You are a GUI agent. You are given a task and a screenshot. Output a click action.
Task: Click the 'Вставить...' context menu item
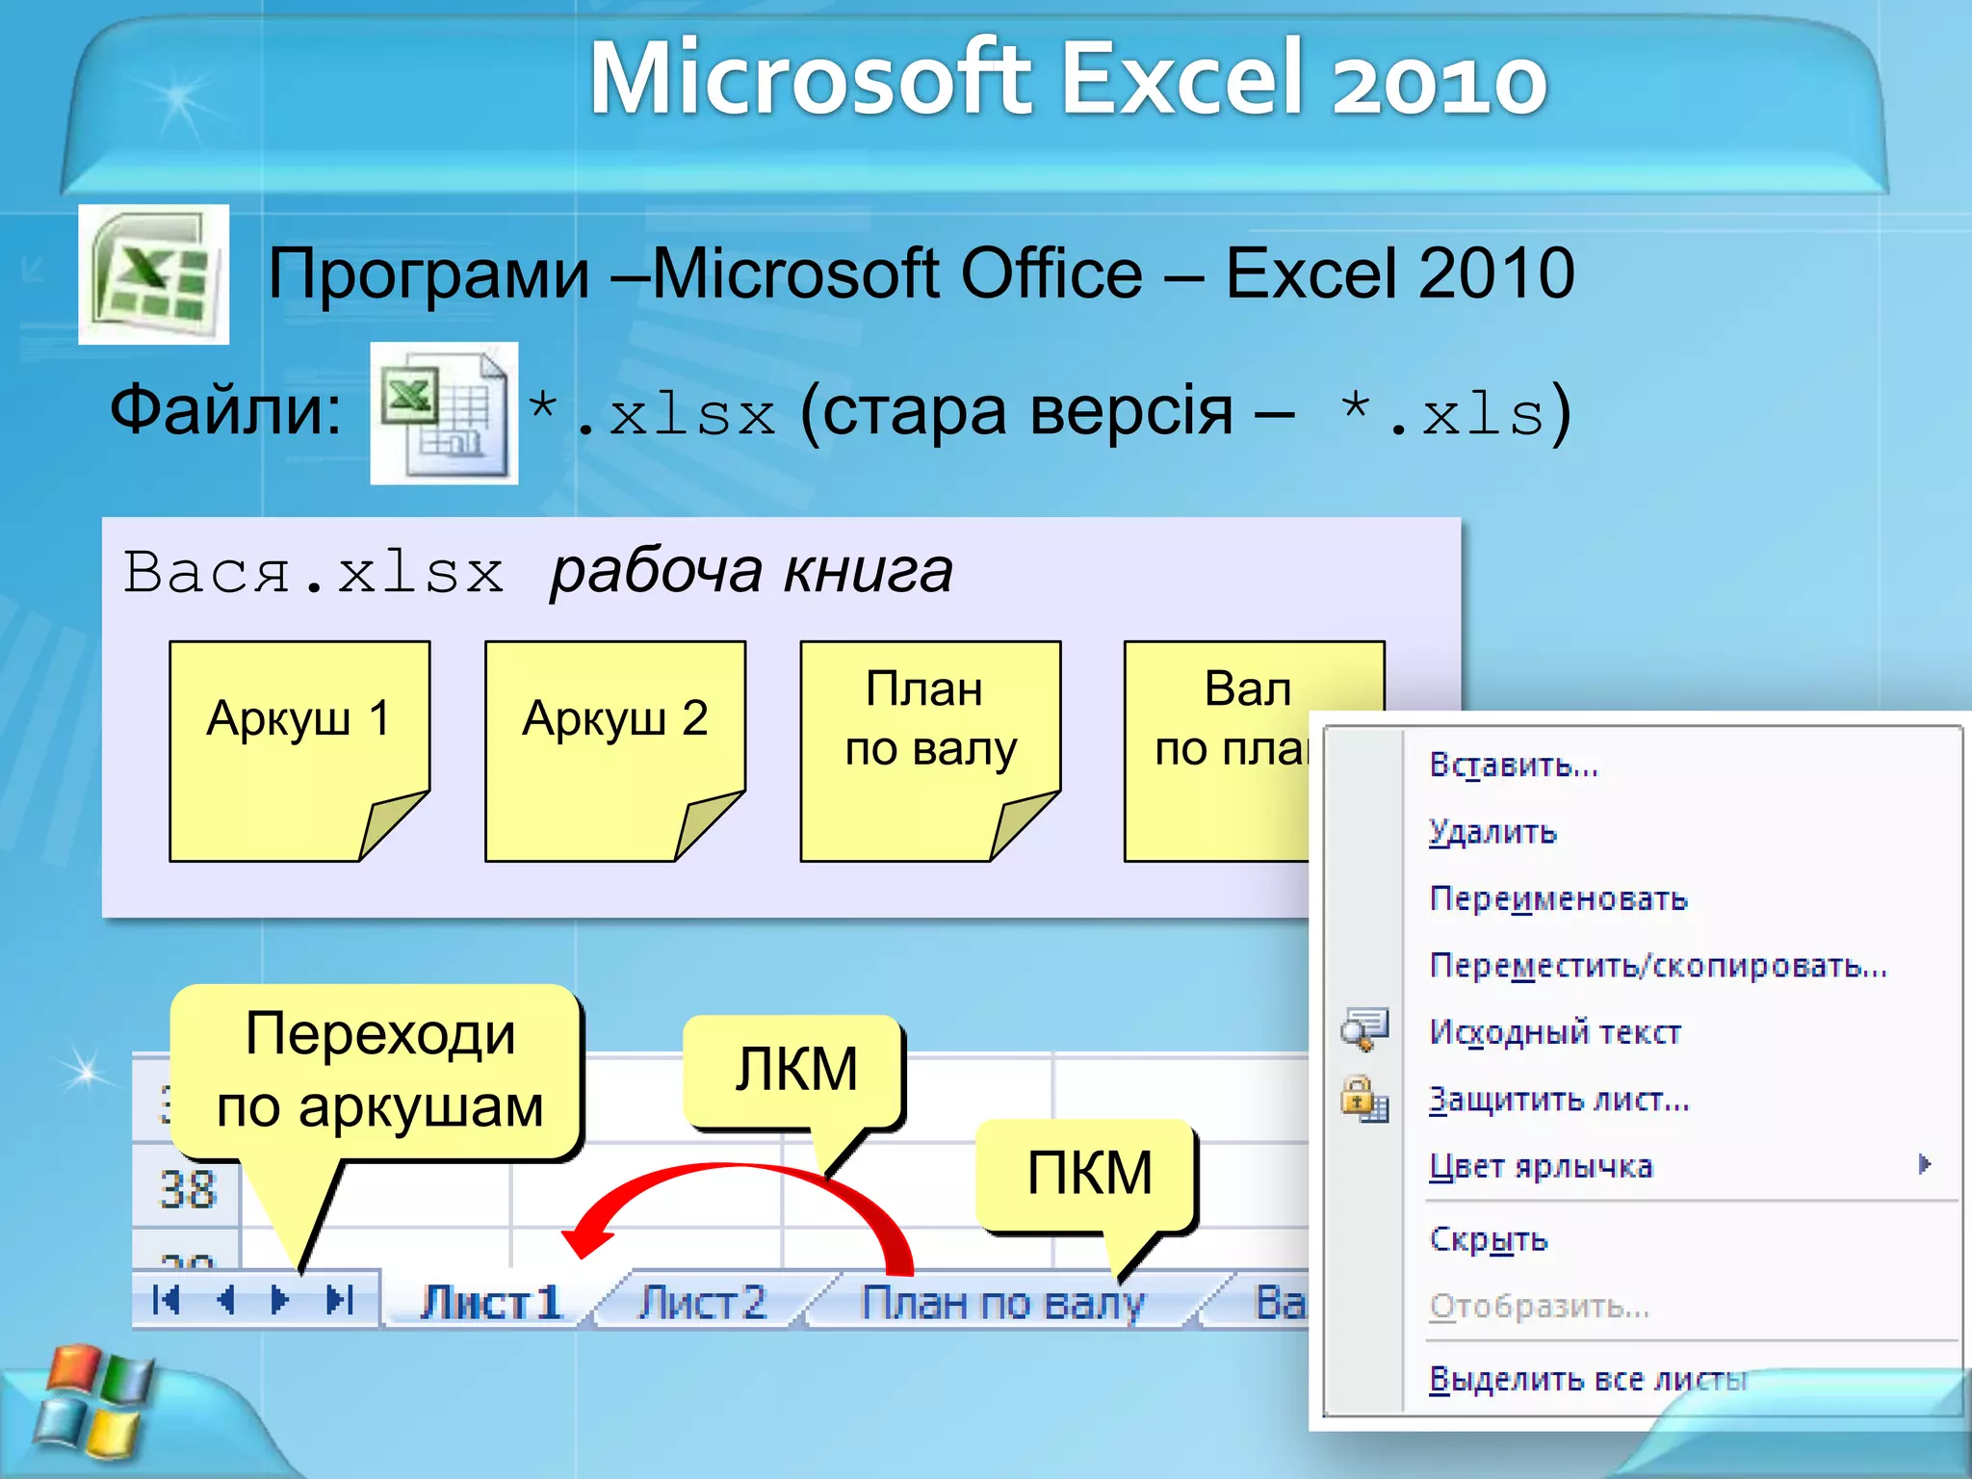point(1513,765)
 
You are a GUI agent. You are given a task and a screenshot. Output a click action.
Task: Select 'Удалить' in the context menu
point(1492,832)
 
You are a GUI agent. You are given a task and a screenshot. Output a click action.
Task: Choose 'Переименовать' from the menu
point(1558,899)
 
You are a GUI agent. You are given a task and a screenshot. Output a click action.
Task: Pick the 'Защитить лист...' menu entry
point(1559,1100)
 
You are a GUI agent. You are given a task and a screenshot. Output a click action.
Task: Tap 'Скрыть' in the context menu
point(1488,1239)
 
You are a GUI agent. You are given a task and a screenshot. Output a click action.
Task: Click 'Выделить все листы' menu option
point(1587,1379)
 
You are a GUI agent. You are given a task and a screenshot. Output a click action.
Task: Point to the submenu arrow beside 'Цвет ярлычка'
point(1923,1165)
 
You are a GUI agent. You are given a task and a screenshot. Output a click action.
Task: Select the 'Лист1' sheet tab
point(490,1303)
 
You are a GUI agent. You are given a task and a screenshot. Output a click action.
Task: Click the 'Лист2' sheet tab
point(703,1303)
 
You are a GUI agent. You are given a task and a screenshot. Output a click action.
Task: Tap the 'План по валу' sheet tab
point(1001,1303)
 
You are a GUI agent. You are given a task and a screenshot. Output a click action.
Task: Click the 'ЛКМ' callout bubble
point(795,1070)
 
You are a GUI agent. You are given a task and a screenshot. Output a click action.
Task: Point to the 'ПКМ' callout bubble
point(1088,1174)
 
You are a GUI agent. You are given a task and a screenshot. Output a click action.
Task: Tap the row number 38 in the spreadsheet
point(188,1190)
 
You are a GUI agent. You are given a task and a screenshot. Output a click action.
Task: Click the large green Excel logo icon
point(154,274)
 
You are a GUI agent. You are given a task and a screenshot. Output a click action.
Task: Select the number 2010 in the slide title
point(1440,82)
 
